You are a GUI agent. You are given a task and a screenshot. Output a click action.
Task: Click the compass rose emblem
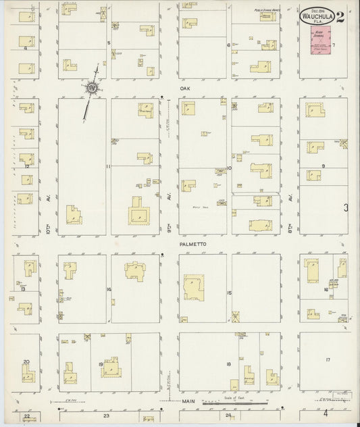91,87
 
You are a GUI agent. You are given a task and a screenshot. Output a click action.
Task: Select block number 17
328,359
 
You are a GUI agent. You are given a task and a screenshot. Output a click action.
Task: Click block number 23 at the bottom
105,416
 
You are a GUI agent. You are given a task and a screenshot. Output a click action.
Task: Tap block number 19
101,364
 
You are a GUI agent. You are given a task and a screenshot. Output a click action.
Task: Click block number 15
230,293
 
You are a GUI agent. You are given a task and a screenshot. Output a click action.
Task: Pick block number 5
109,43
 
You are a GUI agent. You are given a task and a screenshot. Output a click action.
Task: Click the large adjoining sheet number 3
346,209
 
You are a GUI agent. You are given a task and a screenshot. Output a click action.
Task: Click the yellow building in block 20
27,374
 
